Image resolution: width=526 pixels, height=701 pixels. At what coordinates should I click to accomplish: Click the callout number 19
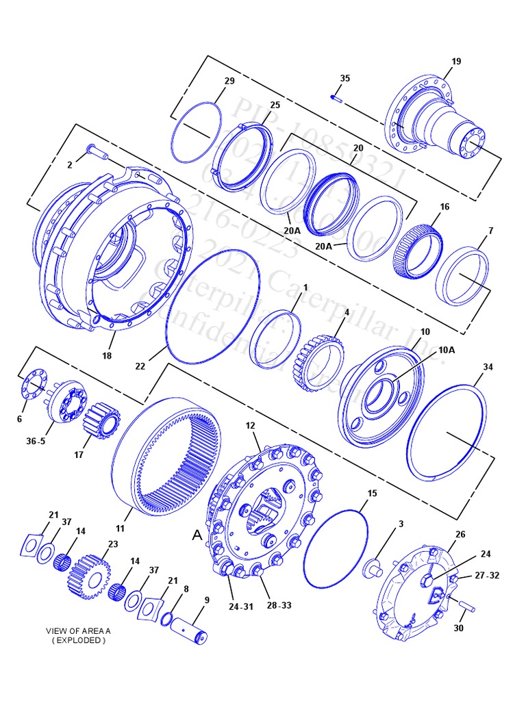[456, 62]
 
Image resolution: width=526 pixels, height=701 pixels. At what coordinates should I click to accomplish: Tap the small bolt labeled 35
[335, 97]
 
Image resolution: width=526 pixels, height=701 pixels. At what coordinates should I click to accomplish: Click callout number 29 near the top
[229, 81]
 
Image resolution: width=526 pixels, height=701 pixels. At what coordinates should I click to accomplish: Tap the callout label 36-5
[36, 441]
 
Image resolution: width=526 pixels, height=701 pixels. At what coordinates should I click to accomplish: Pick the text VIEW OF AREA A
[76, 630]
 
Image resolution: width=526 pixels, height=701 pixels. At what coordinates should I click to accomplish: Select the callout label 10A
[447, 349]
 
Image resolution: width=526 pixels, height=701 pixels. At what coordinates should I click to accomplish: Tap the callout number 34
[488, 368]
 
